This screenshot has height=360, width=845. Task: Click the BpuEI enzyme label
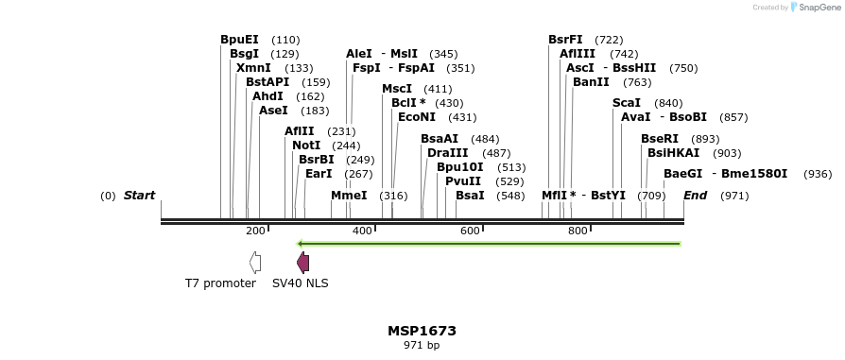pyautogui.click(x=239, y=40)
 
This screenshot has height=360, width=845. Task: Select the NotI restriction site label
pyautogui.click(x=306, y=146)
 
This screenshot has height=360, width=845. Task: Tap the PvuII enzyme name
pyautogui.click(x=463, y=181)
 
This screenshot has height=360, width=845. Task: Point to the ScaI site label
pyautogui.click(x=627, y=103)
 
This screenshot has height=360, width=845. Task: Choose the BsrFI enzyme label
pyautogui.click(x=565, y=40)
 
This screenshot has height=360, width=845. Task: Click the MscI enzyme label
pyautogui.click(x=397, y=89)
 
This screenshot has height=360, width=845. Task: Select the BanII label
pyautogui.click(x=591, y=82)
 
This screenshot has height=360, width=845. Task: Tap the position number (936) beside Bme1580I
pyautogui.click(x=818, y=174)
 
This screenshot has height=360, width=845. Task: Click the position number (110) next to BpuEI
pyautogui.click(x=285, y=41)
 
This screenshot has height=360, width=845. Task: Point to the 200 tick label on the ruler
pyautogui.click(x=255, y=231)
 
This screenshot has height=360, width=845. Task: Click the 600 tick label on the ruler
pyautogui.click(x=470, y=231)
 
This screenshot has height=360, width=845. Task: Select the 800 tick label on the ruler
pyautogui.click(x=578, y=231)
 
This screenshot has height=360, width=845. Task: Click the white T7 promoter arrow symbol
pyautogui.click(x=255, y=263)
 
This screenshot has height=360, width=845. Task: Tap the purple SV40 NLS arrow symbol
pyautogui.click(x=302, y=263)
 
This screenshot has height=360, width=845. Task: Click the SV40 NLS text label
pyautogui.click(x=301, y=283)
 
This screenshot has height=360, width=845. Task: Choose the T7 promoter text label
pyautogui.click(x=220, y=283)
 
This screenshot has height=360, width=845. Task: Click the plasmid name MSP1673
pyautogui.click(x=422, y=332)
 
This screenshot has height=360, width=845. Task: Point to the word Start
pyautogui.click(x=139, y=196)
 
